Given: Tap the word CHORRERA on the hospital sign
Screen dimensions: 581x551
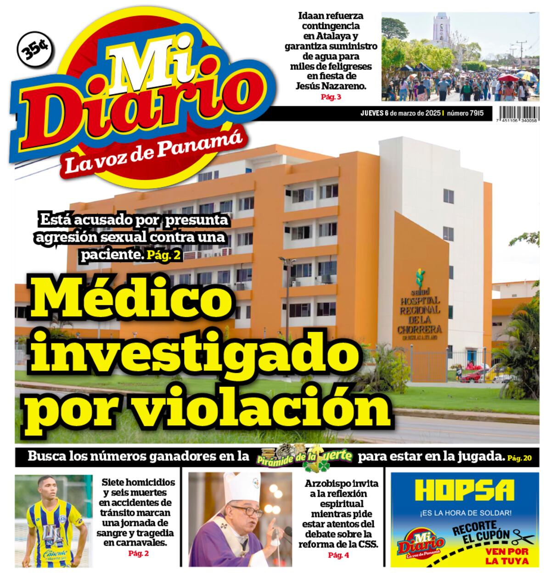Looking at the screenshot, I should coord(420,330).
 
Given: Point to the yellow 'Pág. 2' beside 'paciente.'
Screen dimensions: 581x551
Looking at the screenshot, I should coord(164,255).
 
